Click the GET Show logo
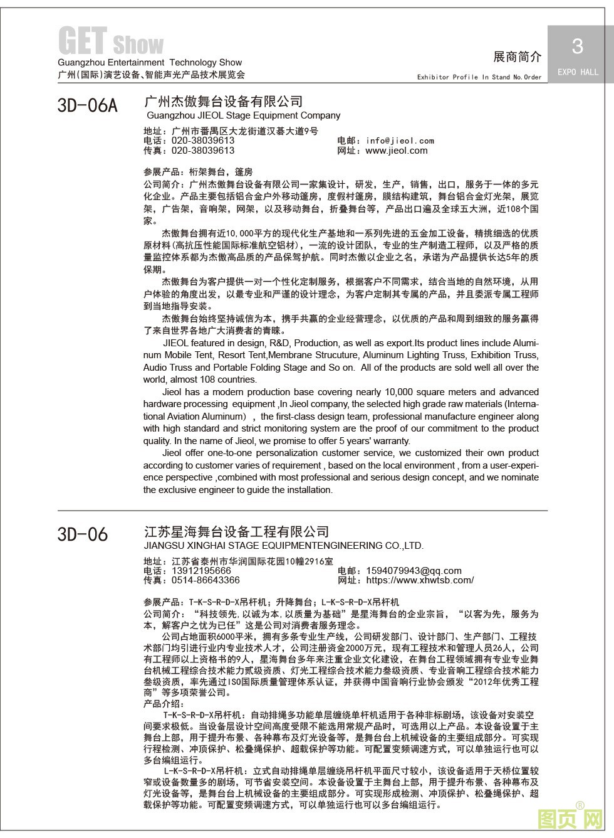pos(110,41)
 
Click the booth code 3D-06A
pos(87,105)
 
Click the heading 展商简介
pos(517,57)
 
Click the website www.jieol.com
pos(396,151)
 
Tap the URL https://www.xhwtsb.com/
pos(420,580)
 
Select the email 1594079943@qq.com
pos(414,571)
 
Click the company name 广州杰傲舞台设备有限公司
pos(223,102)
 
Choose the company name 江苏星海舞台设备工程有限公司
pos(236,533)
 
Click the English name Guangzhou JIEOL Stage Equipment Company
pos(243,115)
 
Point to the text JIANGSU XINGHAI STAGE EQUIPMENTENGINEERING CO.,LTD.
pos(283,546)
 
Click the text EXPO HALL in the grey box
pos(578,72)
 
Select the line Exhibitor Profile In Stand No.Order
pos(479,77)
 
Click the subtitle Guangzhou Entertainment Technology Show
pos(149,63)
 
